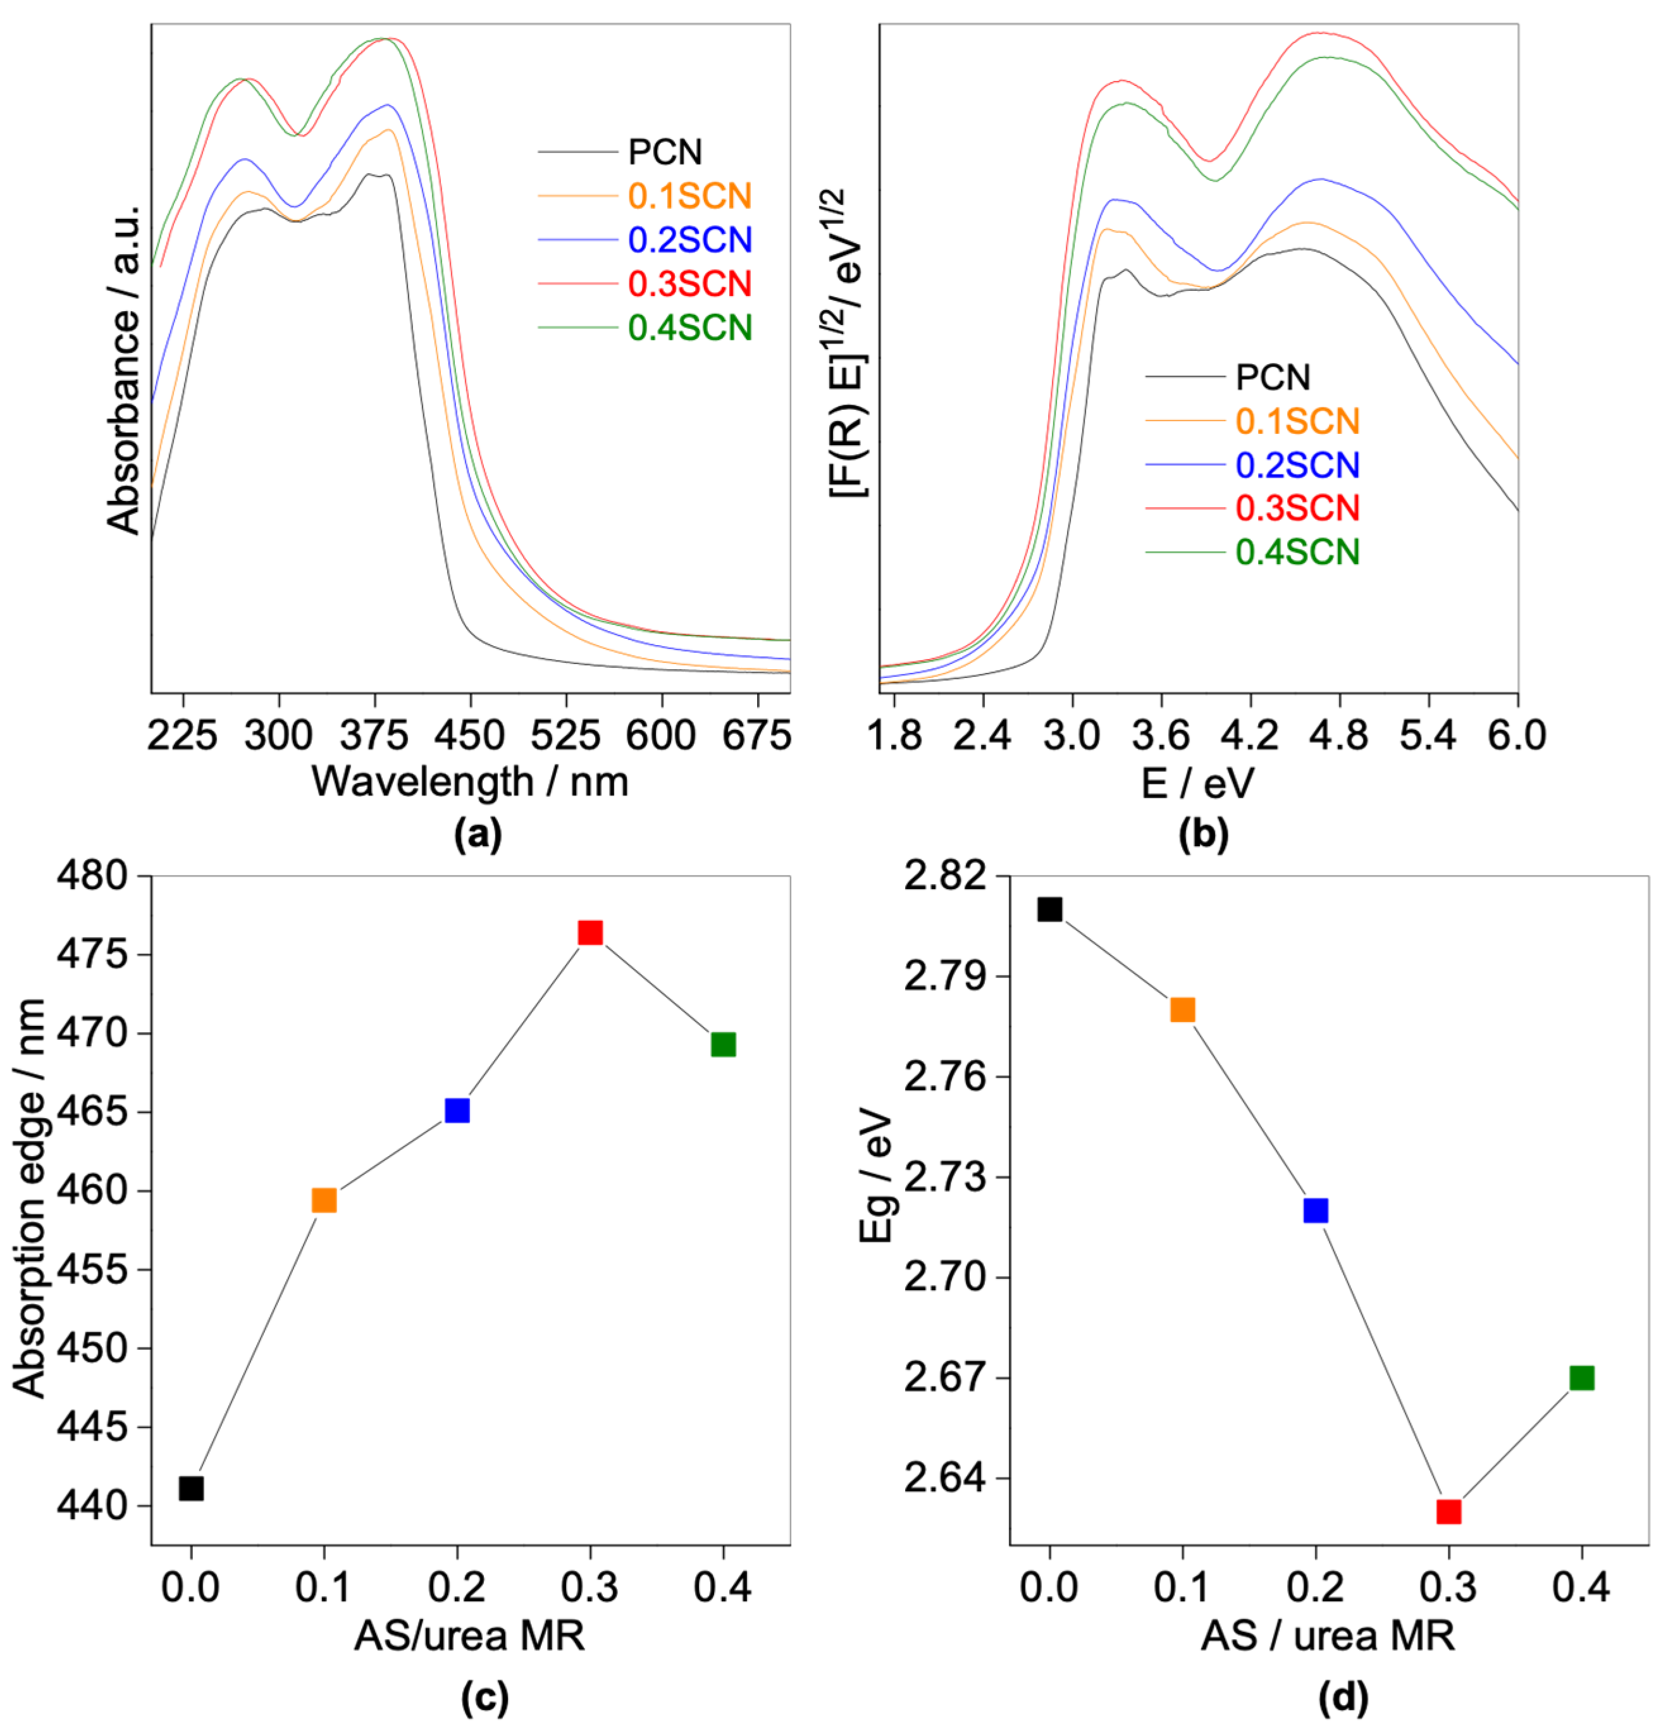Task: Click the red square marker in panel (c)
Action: point(590,933)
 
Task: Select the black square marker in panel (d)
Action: point(1049,909)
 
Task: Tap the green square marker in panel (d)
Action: point(1582,1377)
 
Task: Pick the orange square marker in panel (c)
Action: point(324,1200)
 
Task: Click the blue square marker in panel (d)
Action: point(1316,1210)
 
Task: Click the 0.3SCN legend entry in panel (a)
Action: point(689,283)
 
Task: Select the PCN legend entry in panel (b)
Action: point(1273,378)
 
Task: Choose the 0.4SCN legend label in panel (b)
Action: point(1297,552)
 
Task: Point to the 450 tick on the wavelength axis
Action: point(471,735)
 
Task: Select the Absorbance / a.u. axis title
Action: point(124,367)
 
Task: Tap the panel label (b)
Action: point(1204,834)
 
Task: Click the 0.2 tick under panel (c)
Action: point(457,1587)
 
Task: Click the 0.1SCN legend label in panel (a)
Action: point(689,196)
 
